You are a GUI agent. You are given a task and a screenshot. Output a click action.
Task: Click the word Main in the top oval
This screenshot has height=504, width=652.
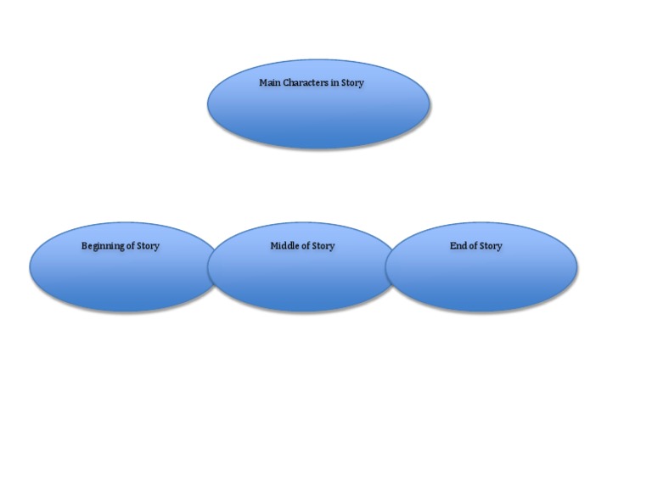[x=269, y=83]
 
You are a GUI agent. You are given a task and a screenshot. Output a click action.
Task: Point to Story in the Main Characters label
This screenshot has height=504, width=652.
[x=352, y=83]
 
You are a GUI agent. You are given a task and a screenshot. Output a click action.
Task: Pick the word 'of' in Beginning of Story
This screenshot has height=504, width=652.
[x=132, y=246]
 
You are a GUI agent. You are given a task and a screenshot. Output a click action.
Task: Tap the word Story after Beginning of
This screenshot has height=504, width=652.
[x=149, y=246]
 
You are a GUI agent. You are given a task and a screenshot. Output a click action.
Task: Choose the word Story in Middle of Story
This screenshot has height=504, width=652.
[x=323, y=246]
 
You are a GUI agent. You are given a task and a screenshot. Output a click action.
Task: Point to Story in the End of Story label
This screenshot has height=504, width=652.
[x=491, y=246]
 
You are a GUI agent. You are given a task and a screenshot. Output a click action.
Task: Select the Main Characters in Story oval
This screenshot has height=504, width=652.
[x=318, y=115]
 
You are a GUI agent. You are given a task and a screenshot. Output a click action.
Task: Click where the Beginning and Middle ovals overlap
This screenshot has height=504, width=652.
[x=214, y=267]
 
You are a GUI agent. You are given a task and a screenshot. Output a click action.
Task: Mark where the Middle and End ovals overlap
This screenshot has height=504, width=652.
[x=391, y=267]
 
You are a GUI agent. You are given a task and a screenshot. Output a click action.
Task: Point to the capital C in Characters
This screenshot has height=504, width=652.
[x=286, y=83]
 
